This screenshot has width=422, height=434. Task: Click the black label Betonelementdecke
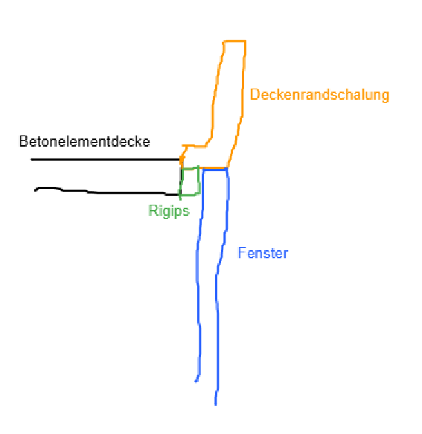coord(84,141)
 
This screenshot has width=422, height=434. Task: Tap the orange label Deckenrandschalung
coord(319,95)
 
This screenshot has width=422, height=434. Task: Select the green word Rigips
coord(169,211)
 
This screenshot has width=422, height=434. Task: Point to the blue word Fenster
coord(263,253)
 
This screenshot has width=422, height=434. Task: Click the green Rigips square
coord(199,182)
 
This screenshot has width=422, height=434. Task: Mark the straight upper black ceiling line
coord(106,159)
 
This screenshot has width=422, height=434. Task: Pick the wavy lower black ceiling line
coord(106,192)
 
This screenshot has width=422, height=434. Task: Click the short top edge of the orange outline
coord(234,42)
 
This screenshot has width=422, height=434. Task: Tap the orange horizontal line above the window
coord(214,167)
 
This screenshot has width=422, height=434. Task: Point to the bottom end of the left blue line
coord(196,382)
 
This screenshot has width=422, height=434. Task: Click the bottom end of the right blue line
coord(216,405)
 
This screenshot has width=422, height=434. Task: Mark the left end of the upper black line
coord(31,159)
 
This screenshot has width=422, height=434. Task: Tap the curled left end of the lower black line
coord(36,191)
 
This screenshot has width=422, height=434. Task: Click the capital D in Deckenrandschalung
coord(255,95)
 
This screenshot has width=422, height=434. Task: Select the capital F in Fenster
coord(242,253)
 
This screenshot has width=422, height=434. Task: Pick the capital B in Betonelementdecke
coord(22,141)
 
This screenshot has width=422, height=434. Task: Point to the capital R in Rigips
coord(153,211)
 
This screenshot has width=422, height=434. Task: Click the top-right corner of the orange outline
coord(246,42)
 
